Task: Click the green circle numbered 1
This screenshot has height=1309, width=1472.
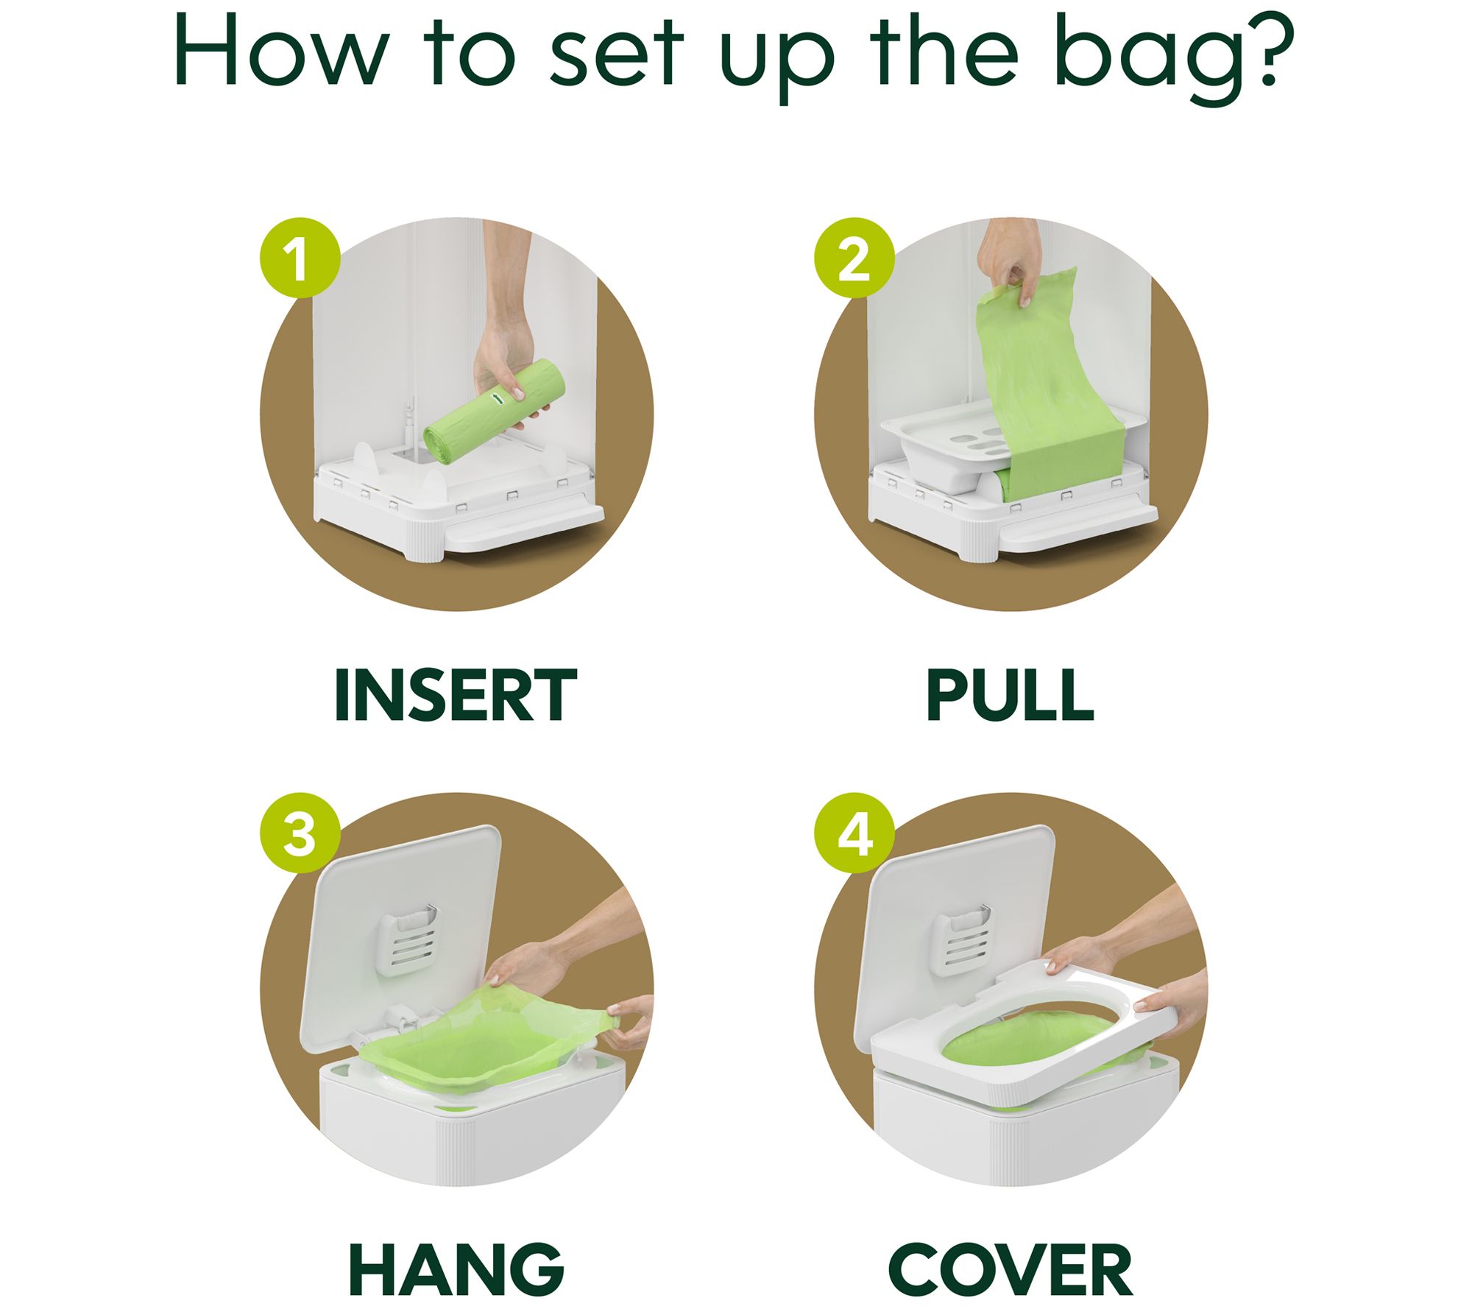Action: pyautogui.click(x=300, y=258)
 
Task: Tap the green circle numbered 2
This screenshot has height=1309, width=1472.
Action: pyautogui.click(x=854, y=258)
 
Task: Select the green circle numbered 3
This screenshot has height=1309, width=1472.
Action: pyautogui.click(x=300, y=833)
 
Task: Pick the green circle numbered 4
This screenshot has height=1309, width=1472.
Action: pyautogui.click(x=854, y=833)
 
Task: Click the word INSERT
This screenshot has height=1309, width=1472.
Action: pyautogui.click(x=456, y=695)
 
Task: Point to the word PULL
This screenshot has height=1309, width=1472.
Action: pyautogui.click(x=1010, y=695)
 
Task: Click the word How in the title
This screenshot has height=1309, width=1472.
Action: pyautogui.click(x=280, y=52)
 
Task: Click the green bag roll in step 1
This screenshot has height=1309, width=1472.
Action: pyautogui.click(x=494, y=413)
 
